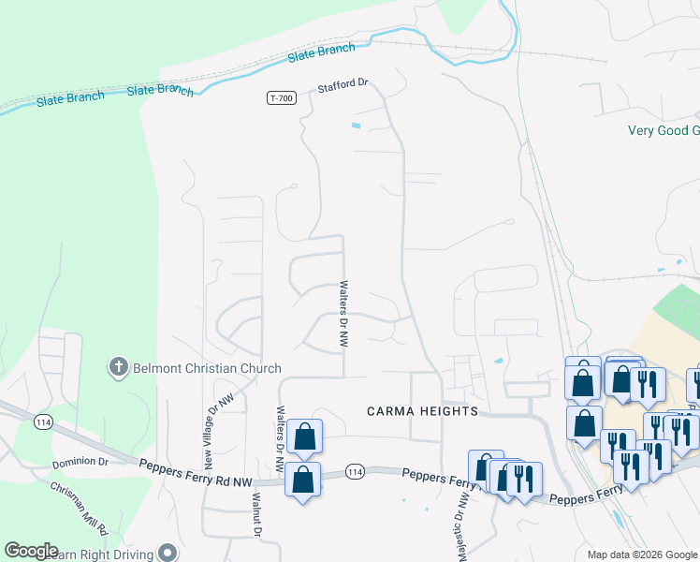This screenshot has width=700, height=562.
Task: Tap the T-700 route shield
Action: pos(278,97)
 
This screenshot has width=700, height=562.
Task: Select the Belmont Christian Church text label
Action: pos(206,368)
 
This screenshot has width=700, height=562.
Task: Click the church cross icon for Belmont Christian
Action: pos(118,367)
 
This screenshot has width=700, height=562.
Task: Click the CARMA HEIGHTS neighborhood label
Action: pos(422,411)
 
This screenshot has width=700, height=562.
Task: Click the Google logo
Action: pos(31,551)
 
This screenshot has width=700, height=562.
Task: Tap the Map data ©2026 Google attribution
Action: pos(642,555)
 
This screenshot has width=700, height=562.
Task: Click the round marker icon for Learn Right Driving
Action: pos(168,552)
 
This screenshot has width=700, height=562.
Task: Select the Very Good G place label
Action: pos(664,130)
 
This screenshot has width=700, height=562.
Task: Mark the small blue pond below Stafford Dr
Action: pos(355,126)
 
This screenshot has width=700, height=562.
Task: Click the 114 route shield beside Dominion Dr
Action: pos(41,422)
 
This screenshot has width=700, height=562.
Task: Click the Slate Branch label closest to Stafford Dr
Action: pos(322,52)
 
